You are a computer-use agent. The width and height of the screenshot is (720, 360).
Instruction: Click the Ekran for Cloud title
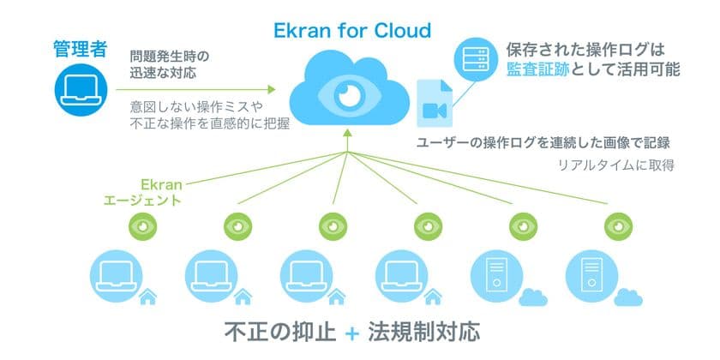(x=352, y=30)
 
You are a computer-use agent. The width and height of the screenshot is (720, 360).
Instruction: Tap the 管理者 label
(x=81, y=49)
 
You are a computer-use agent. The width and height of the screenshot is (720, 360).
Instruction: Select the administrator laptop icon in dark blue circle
(x=81, y=90)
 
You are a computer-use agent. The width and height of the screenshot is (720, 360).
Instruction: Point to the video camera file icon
(x=435, y=104)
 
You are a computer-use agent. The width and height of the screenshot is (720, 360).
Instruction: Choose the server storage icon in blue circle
(x=476, y=60)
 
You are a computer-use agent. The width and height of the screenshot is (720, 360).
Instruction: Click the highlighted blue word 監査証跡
(x=538, y=69)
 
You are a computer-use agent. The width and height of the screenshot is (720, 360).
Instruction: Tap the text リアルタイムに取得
(x=615, y=165)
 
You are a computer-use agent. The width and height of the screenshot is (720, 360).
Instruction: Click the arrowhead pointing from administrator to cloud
(x=272, y=89)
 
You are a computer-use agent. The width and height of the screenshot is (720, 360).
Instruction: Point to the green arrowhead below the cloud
(x=348, y=133)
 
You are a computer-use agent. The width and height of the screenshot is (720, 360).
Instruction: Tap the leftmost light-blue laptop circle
(x=117, y=276)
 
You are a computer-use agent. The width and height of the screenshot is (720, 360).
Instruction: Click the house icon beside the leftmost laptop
(x=147, y=297)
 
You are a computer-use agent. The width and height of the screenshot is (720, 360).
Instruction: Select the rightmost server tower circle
(x=592, y=276)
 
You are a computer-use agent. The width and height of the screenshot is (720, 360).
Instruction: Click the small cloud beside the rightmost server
(x=628, y=297)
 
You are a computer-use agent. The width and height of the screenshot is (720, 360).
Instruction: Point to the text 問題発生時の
(x=170, y=57)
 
